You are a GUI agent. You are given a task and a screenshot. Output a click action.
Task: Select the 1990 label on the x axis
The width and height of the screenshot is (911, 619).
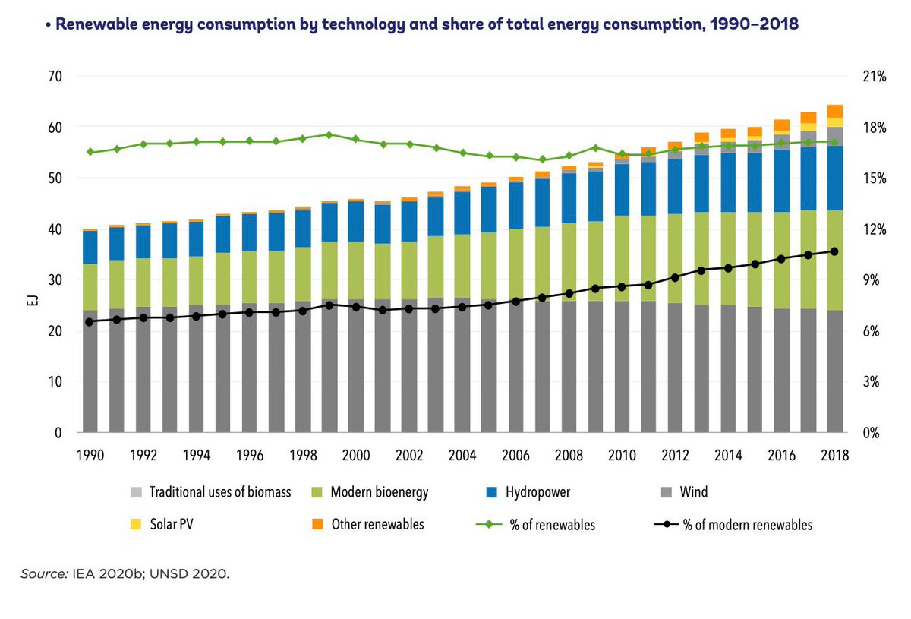pyautogui.click(x=90, y=455)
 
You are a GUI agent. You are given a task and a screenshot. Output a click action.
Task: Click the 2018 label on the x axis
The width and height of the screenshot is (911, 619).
pyautogui.click(x=835, y=455)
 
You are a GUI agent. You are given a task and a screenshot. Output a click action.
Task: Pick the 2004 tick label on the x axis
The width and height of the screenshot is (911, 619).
pyautogui.click(x=462, y=455)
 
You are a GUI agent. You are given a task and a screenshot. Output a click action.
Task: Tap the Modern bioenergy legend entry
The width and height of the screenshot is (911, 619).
pyautogui.click(x=380, y=492)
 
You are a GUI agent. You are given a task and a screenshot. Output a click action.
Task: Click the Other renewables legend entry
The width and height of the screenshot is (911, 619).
pyautogui.click(x=377, y=524)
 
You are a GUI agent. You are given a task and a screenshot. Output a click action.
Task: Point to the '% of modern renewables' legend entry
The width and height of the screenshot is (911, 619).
pyautogui.click(x=747, y=524)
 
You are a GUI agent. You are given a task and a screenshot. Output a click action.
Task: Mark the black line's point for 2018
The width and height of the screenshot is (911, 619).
pyautogui.click(x=834, y=251)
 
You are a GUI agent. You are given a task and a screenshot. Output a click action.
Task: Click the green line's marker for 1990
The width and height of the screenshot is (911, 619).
pyautogui.click(x=90, y=152)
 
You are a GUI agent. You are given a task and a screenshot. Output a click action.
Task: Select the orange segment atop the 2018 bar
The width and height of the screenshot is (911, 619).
pyautogui.click(x=834, y=111)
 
